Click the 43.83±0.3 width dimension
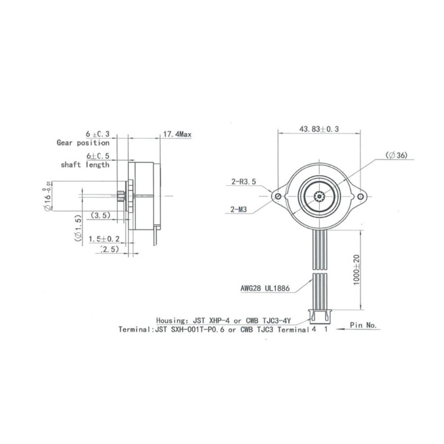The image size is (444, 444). pos(319,128)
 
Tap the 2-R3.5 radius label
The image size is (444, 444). pos(243,180)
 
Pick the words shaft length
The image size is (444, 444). pos(85,165)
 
